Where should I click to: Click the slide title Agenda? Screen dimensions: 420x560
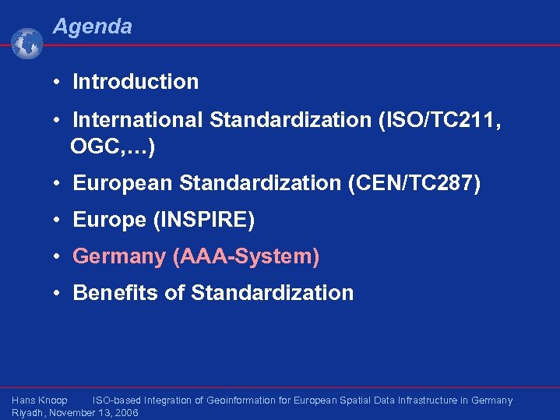[92, 26]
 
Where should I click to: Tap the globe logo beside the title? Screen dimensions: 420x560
[27, 44]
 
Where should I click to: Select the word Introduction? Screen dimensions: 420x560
[136, 82]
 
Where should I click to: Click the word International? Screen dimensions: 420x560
[138, 121]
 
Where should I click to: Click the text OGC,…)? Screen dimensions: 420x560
[112, 145]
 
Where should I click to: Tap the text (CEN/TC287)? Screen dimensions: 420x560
[414, 183]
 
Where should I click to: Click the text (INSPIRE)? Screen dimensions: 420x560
[206, 221]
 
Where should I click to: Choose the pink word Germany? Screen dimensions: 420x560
[119, 256]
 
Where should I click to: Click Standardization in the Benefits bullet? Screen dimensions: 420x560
[272, 293]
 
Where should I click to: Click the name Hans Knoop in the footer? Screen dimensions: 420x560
[40, 401]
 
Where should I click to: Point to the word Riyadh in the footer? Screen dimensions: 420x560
[27, 413]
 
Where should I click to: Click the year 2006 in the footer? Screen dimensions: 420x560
[125, 413]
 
